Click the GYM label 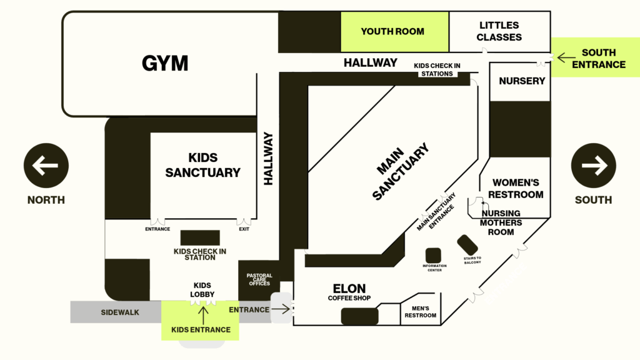165,63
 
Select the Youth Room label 392,31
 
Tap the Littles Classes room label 499,31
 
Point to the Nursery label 522,81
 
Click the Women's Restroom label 516,189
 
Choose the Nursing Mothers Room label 501,222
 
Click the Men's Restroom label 421,312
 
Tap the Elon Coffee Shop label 349,292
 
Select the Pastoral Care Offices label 259,279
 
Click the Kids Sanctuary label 203,165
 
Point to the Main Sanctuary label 401,171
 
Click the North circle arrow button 46,165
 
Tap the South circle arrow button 594,165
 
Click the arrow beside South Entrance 566,57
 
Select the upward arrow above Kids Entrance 203,316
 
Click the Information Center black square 433,256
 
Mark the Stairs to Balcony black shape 467,245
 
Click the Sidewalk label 120,312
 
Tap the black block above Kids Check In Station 200,238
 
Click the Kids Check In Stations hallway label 437,69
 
